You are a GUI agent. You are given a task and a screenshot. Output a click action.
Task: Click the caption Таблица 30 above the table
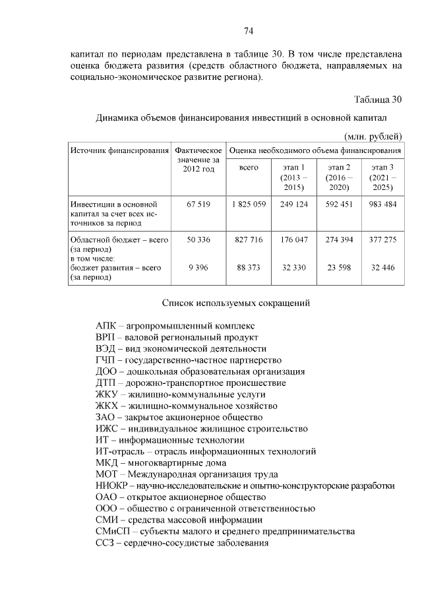tap(377, 100)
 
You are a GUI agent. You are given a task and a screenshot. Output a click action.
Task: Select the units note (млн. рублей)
tap(373, 136)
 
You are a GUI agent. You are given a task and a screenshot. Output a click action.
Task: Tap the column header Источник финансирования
tap(120, 150)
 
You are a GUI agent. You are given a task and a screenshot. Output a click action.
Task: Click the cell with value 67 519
tap(198, 204)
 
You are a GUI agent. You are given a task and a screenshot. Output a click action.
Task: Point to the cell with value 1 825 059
tap(249, 204)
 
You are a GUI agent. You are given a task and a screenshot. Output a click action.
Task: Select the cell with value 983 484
tap(382, 204)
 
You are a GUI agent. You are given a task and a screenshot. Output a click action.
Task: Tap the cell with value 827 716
tap(249, 240)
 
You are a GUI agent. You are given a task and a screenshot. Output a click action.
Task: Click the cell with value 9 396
tap(198, 268)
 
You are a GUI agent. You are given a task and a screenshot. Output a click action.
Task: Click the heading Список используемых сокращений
tap(235, 303)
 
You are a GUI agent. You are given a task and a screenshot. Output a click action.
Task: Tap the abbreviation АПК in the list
tap(106, 326)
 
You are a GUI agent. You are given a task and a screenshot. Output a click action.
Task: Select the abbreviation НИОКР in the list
tap(111, 486)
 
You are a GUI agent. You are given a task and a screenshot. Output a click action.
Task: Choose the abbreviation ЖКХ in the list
tap(107, 406)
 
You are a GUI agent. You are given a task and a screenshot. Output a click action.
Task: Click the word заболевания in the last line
tap(239, 543)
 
